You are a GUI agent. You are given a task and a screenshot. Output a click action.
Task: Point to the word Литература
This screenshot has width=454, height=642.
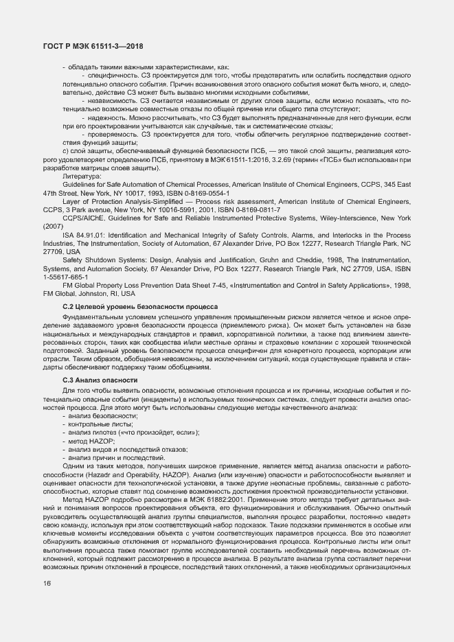[82, 176]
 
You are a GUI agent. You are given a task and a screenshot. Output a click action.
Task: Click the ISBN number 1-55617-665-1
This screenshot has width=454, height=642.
[65, 277]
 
